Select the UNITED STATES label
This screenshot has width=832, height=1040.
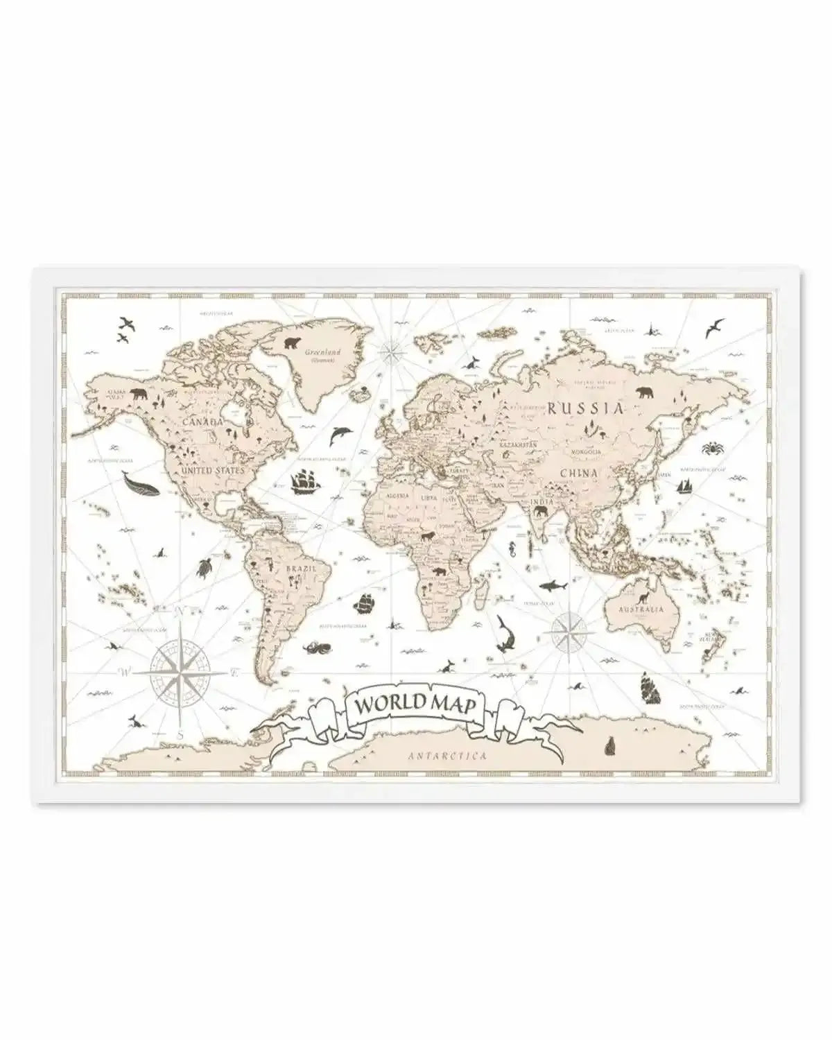(212, 470)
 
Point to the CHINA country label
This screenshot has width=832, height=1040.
(579, 474)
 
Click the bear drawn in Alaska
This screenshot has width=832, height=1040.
(138, 396)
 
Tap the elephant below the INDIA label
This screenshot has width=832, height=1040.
(541, 512)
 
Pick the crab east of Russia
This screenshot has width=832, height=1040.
(712, 449)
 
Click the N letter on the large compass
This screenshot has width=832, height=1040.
(177, 611)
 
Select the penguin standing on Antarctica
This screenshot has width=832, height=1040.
(611, 745)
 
